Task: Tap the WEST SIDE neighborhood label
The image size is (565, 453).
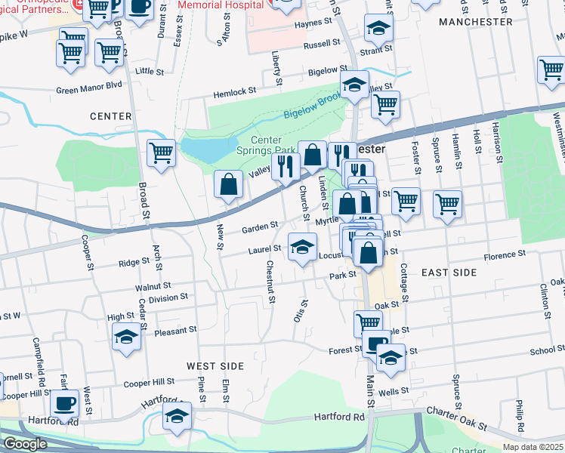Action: point(215,366)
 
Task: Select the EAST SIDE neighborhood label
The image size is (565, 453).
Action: point(449,272)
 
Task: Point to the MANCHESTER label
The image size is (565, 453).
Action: point(476,22)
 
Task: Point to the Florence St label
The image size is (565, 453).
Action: point(505,256)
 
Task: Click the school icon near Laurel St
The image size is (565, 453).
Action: point(302,247)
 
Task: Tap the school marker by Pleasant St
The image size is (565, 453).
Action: point(127,337)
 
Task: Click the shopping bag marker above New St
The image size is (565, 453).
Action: point(228,184)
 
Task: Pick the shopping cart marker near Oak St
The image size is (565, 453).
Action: point(368,323)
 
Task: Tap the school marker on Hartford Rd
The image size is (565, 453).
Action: point(178,416)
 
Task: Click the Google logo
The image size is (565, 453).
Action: point(24,444)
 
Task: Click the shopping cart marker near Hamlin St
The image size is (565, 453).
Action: point(447,203)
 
